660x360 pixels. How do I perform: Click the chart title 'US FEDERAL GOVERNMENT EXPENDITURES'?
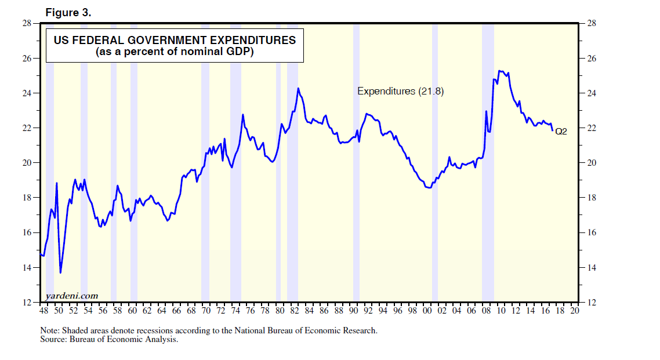(175, 41)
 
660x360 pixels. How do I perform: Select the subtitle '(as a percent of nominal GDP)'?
(175, 52)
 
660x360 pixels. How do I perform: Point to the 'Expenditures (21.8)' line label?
(400, 91)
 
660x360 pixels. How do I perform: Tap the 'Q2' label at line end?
(561, 132)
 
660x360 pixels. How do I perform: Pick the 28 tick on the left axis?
(27, 23)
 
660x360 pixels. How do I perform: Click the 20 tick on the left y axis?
(27, 163)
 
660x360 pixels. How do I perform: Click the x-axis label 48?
(44, 311)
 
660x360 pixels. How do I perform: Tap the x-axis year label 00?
(427, 311)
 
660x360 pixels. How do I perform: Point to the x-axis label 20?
(574, 311)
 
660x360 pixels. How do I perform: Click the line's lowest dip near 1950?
(60, 272)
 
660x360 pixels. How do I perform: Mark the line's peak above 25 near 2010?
(500, 71)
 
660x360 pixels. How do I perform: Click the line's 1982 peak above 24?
(298, 88)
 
